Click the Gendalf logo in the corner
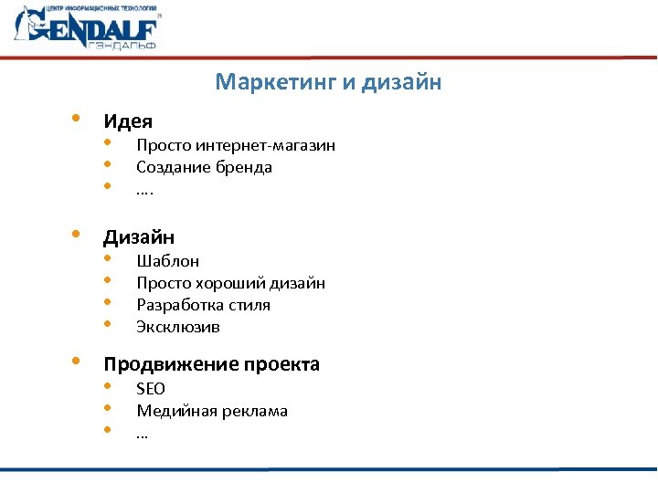point(88,28)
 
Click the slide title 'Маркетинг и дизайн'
point(328,83)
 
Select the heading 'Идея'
point(127,121)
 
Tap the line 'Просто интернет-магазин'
point(236,145)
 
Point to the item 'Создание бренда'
point(204,167)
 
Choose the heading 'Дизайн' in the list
point(139,237)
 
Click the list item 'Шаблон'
point(168,261)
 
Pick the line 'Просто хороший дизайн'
point(230,283)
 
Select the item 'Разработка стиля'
point(203,305)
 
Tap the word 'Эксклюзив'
point(178,327)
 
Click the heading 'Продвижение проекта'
point(211,365)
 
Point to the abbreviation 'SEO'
point(151,389)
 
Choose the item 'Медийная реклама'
point(212,411)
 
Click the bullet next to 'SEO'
point(108,387)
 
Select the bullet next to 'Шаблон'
point(108,259)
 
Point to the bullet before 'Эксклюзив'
point(108,325)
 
